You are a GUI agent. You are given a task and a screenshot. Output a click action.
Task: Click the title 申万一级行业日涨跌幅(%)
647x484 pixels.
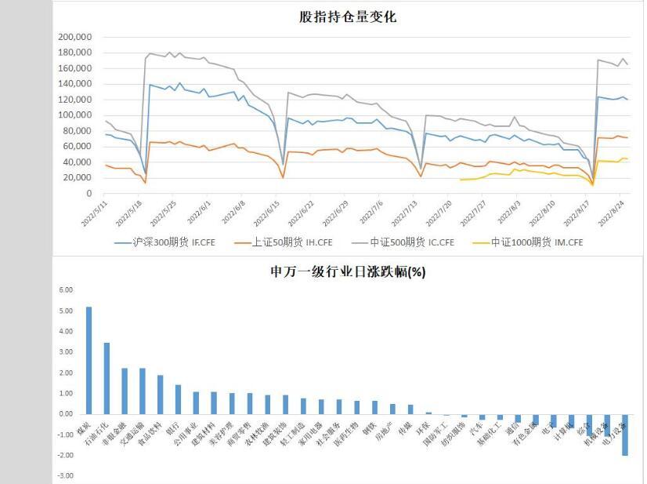pyautogui.click(x=348, y=272)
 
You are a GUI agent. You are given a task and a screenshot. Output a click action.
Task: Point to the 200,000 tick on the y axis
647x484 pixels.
pyautogui.click(x=76, y=37)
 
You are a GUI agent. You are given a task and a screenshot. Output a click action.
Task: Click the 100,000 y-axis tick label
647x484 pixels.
pyautogui.click(x=76, y=115)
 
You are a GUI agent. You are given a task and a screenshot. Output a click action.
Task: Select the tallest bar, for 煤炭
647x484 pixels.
pyautogui.click(x=89, y=360)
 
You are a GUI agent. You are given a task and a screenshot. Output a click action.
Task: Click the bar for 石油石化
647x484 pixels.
pyautogui.click(x=107, y=378)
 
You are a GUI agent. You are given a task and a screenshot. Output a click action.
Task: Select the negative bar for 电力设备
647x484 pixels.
pyautogui.click(x=625, y=435)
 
